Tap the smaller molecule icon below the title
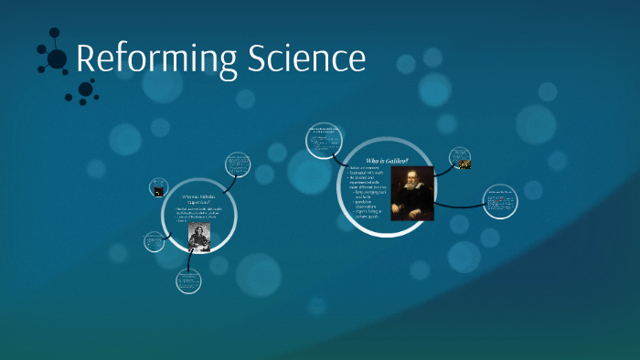[85, 90]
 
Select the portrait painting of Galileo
[411, 193]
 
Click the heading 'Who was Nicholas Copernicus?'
[199, 200]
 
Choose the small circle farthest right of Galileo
[499, 201]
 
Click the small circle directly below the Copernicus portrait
[189, 281]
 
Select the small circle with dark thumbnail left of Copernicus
[160, 188]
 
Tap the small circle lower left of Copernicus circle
[155, 242]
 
